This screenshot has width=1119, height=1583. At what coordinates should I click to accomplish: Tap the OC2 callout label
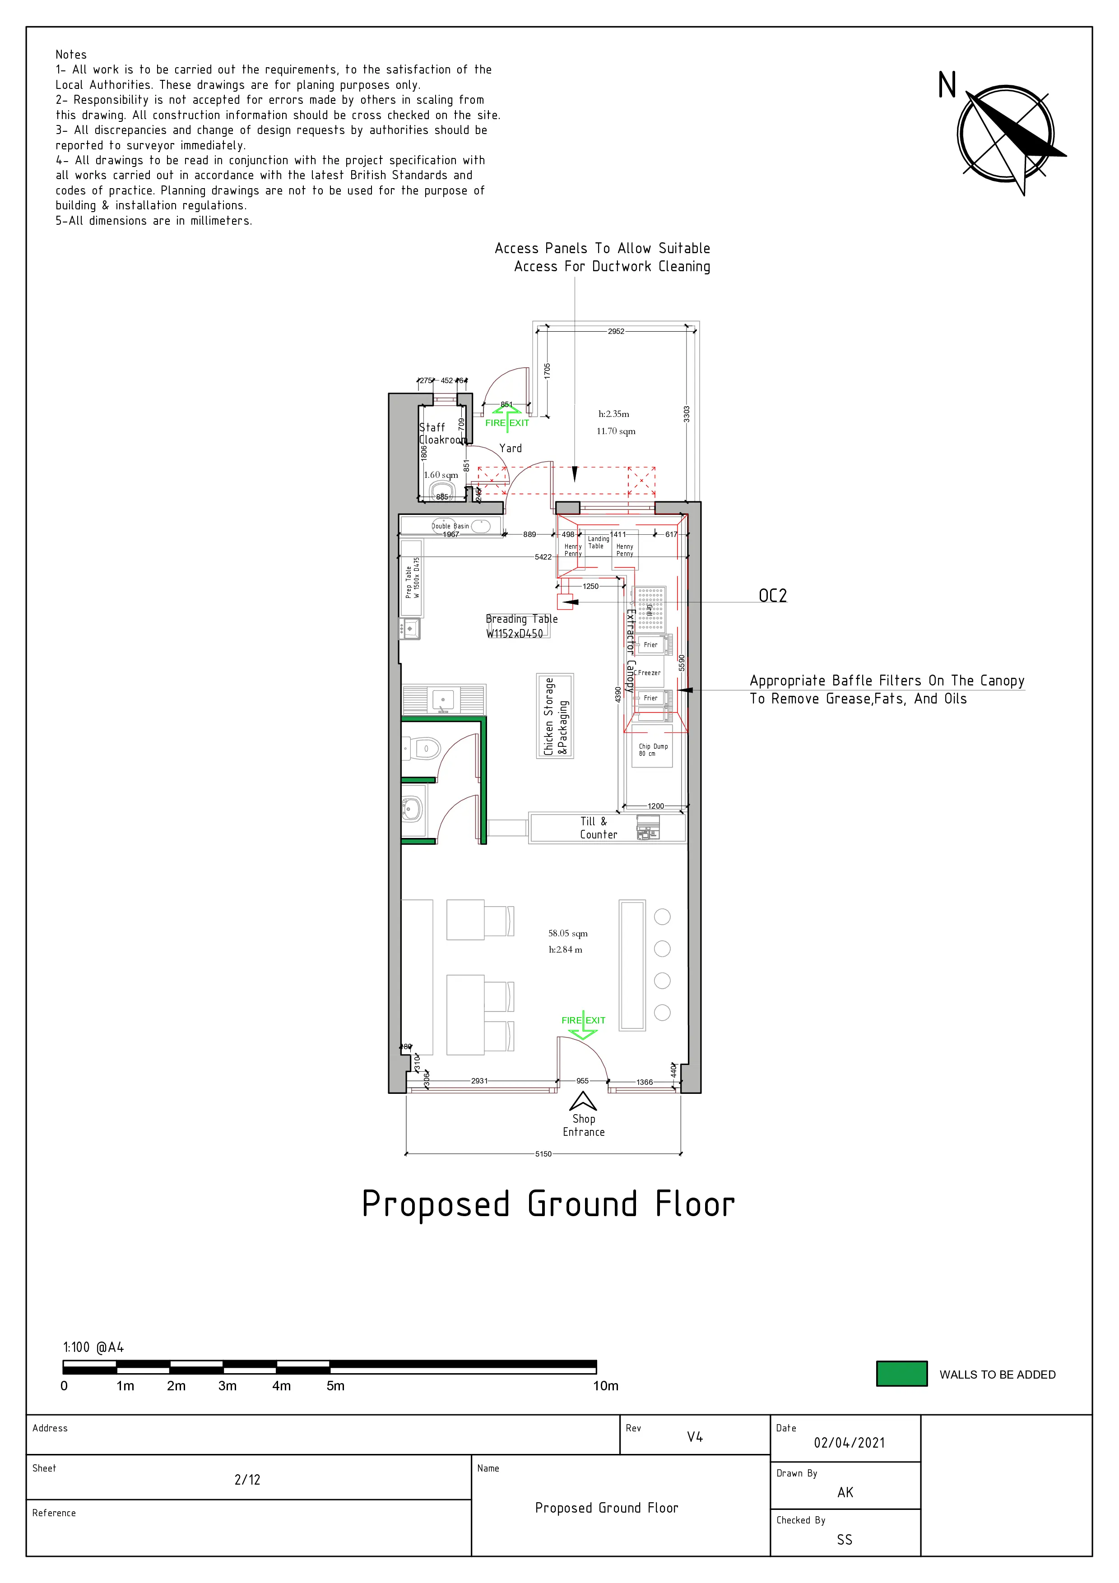[772, 596]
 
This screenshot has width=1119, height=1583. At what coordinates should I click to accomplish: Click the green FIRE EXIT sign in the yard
[507, 423]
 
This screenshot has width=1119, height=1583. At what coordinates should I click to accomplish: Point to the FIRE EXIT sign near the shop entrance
[583, 1020]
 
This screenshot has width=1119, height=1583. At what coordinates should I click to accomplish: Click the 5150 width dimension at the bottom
[543, 1153]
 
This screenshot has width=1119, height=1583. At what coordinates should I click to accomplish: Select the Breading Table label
[521, 626]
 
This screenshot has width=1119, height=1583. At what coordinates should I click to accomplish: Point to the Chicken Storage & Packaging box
[555, 716]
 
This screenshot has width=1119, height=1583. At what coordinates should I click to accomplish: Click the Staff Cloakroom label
[442, 434]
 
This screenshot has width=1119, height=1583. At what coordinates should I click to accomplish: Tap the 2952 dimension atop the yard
[616, 332]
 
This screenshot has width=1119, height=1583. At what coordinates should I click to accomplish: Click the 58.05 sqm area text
[567, 934]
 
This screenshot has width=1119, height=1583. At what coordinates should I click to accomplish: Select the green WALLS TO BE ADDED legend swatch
[901, 1374]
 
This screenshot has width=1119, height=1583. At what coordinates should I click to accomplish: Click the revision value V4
[694, 1437]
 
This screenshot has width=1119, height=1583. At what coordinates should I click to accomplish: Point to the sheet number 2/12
[247, 1480]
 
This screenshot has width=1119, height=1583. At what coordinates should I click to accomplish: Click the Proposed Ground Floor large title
[548, 1204]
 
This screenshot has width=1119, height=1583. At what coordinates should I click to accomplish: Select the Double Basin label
[450, 526]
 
